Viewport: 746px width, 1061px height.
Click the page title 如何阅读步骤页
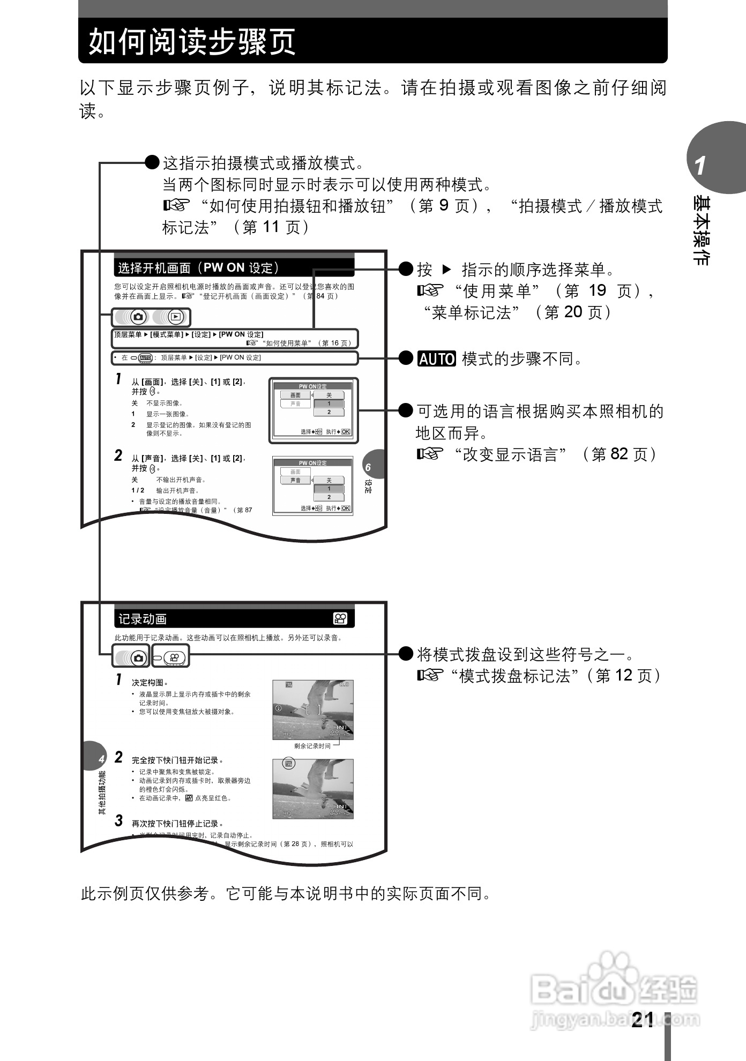coord(192,42)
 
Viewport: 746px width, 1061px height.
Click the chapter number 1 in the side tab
coord(700,166)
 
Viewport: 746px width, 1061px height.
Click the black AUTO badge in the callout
coord(436,358)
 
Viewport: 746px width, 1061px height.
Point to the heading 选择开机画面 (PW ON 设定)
coord(199,267)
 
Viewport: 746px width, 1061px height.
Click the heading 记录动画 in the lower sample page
coord(143,619)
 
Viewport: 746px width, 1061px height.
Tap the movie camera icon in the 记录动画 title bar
coord(340,618)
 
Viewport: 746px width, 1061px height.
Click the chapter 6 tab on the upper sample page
coord(368,467)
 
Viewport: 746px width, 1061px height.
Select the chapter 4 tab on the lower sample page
coord(101,759)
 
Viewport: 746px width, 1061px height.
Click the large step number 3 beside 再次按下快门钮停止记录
coord(119,821)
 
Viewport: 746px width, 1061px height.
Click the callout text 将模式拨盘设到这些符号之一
coord(525,654)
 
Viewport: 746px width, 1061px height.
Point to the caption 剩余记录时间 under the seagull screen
coord(312,746)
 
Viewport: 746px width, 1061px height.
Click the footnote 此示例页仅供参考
coord(286,893)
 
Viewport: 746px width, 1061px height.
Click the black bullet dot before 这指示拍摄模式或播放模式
coord(153,162)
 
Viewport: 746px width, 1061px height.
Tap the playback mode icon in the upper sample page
coord(175,317)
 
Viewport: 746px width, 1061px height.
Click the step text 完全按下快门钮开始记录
coord(177,760)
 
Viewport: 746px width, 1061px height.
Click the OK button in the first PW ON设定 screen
coord(346,431)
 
